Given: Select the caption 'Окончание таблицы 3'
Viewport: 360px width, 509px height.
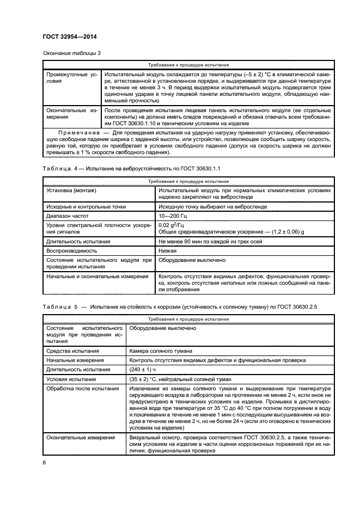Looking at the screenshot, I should (x=70, y=53).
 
